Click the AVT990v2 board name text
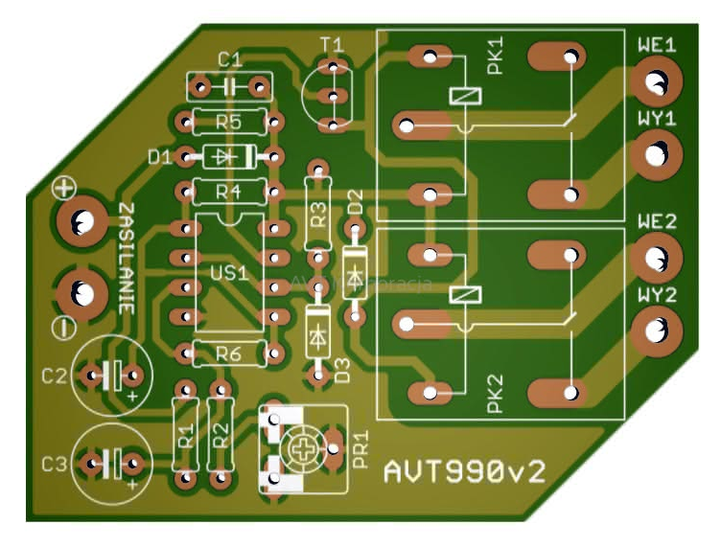click(467, 469)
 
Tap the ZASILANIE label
click(126, 259)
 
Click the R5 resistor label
click(228, 122)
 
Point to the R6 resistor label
click(228, 353)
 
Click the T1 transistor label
click(332, 45)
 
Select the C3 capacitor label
click(55, 465)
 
